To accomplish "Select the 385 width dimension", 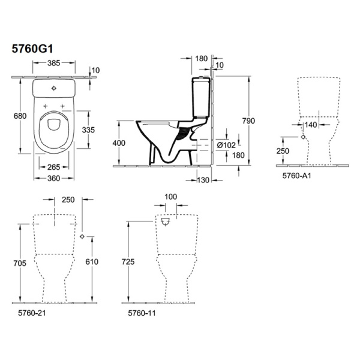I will tap(55, 62).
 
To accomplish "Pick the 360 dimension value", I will tap(55, 179).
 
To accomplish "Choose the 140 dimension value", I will tap(310, 125).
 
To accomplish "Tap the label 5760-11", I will tap(140, 313).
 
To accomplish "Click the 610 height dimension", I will tap(91, 262).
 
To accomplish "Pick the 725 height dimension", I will tap(129, 262).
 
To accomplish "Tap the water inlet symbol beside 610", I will tap(82, 235).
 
